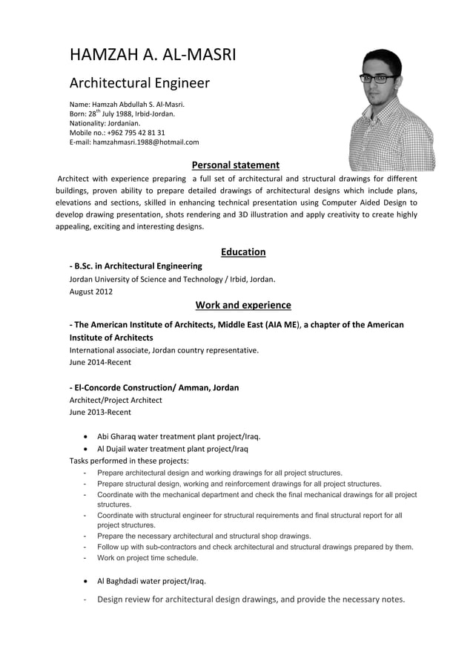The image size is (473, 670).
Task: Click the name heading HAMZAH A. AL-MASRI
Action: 152,55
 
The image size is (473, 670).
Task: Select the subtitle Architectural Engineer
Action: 139,83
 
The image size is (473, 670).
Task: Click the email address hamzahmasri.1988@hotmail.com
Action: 145,142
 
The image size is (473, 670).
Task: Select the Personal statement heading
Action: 235,165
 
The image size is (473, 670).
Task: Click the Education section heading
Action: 243,252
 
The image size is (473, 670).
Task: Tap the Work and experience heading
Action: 243,305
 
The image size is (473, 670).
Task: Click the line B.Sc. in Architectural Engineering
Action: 136,266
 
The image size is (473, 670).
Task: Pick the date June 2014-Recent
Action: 100,362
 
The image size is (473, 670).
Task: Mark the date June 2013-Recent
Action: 100,411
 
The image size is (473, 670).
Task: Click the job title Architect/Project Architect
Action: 116,400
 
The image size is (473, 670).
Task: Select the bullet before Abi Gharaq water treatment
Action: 88,437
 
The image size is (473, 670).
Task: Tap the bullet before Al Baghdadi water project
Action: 88,581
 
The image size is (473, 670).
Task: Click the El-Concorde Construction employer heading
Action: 154,387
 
